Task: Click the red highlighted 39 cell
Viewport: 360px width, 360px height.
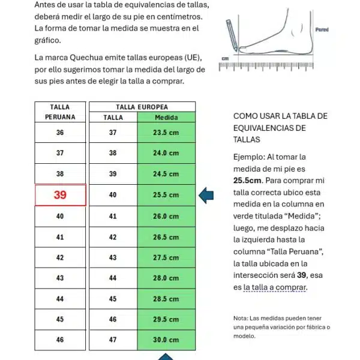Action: click(x=60, y=195)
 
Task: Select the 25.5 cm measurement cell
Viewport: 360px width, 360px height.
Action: click(x=166, y=195)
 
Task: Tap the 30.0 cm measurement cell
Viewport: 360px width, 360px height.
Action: click(x=166, y=340)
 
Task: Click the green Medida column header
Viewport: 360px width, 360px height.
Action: click(x=166, y=118)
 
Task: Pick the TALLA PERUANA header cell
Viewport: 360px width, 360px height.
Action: click(x=60, y=112)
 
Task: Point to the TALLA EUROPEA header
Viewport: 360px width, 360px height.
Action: click(x=142, y=106)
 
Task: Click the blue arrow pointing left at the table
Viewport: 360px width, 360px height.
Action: click(x=206, y=195)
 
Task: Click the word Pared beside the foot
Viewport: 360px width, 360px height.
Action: click(x=322, y=29)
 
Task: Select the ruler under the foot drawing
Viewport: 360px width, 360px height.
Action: click(x=267, y=65)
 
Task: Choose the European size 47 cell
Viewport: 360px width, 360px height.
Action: click(x=113, y=340)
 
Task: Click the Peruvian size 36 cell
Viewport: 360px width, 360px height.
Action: click(x=60, y=133)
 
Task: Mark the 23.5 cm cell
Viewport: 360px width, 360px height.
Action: click(x=166, y=133)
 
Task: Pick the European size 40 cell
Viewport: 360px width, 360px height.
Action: click(x=113, y=195)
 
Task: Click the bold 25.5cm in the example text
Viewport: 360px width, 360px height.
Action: click(x=247, y=180)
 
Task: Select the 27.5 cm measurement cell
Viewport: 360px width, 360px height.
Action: click(x=166, y=257)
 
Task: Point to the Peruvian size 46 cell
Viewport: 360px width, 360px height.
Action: click(x=60, y=340)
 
